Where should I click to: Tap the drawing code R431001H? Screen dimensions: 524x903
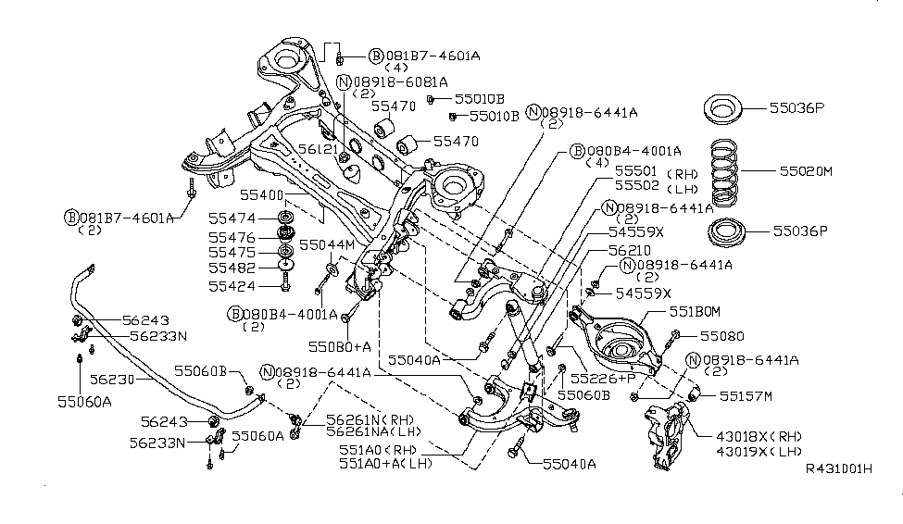point(839,495)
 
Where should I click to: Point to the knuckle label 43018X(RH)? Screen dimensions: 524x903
point(766,436)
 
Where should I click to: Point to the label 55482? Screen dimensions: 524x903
point(231,269)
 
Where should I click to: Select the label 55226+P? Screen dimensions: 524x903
point(603,379)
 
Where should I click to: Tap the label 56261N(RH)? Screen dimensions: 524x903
point(366,418)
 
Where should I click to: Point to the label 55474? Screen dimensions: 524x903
point(231,218)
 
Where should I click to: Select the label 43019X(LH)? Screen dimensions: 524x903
point(765,451)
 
